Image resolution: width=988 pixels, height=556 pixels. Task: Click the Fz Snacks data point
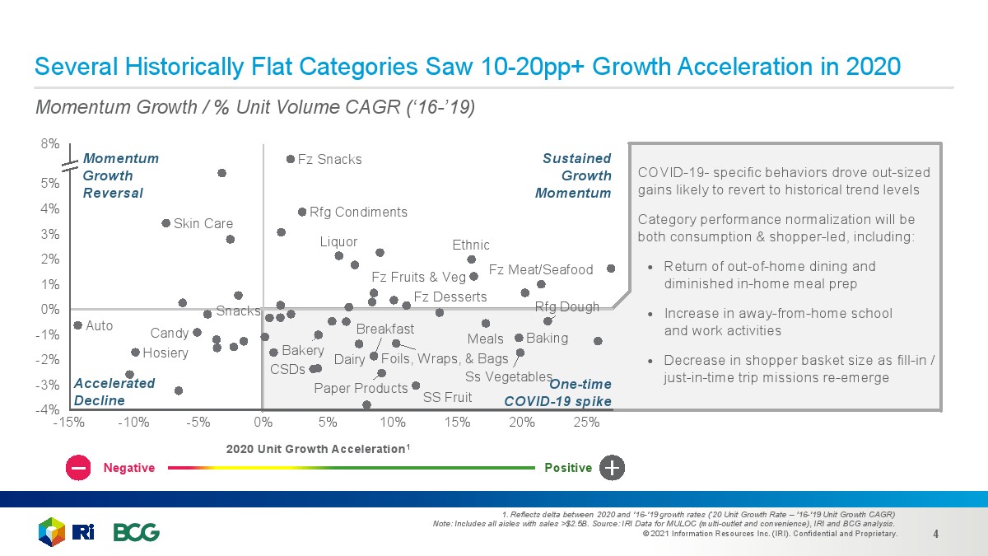coord(290,159)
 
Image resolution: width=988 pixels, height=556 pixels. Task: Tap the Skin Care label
coord(203,223)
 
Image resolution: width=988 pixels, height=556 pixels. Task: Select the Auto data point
coord(78,325)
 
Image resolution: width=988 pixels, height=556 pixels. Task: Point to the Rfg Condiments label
coord(358,212)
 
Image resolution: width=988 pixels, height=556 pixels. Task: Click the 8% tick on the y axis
coord(50,143)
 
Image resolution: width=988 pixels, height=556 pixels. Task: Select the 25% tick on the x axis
coord(587,423)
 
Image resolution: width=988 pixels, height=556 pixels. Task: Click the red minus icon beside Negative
coord(80,467)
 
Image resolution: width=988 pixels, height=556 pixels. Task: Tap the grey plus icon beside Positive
coord(613,467)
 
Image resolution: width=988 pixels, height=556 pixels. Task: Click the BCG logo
coord(137,532)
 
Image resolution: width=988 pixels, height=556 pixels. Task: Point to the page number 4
coord(936,533)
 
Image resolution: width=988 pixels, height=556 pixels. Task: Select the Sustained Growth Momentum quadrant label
coord(574,175)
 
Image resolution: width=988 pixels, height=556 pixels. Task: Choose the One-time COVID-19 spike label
coord(557,393)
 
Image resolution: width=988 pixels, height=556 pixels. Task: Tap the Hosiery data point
coord(135,353)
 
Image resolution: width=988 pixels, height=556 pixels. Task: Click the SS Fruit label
coord(447,397)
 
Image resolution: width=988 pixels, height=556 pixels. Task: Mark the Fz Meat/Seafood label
coord(541,269)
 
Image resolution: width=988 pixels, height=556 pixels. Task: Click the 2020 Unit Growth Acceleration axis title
coord(318,449)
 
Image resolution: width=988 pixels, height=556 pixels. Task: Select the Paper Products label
coord(361,388)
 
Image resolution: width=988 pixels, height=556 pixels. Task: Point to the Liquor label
coord(339,241)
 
